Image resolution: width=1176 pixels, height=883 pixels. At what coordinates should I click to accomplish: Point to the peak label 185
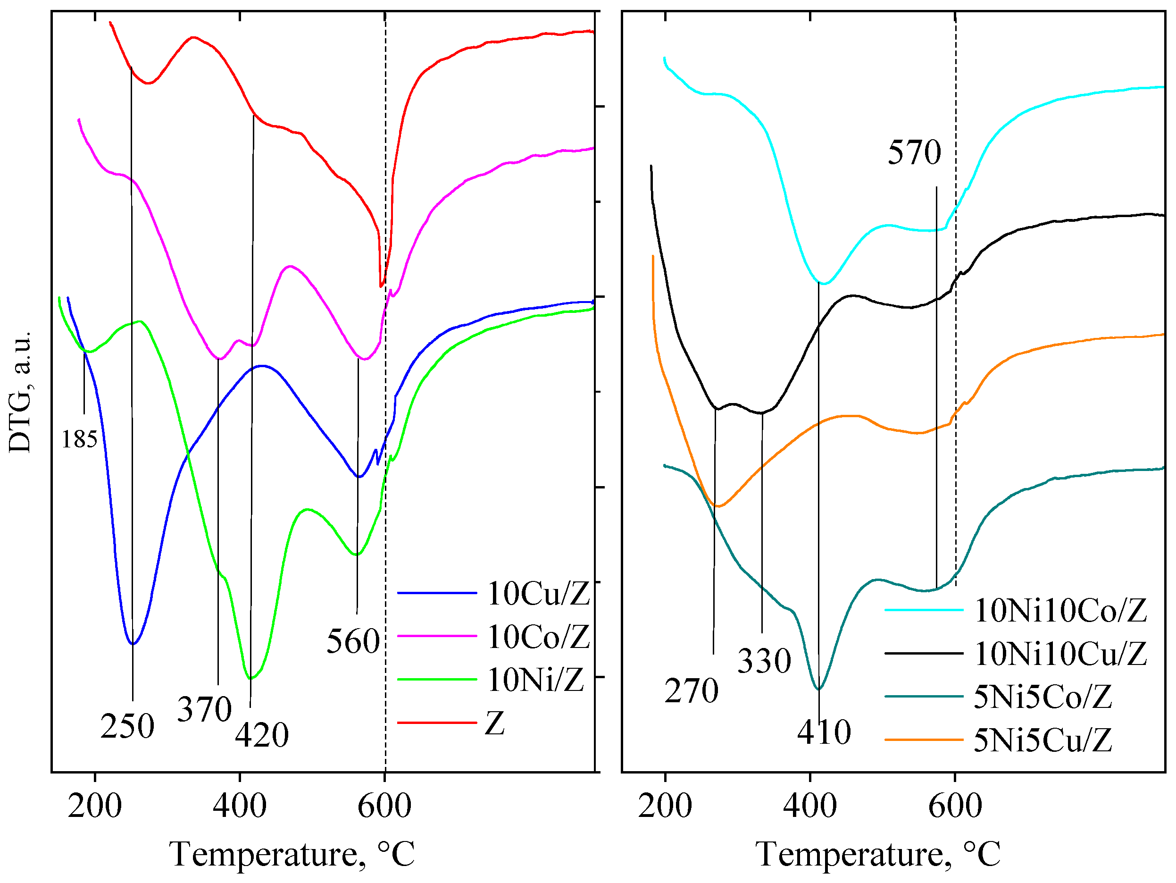(x=79, y=440)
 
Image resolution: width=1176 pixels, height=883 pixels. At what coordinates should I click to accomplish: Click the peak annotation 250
(x=127, y=727)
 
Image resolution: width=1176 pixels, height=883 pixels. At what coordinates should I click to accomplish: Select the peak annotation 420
(x=262, y=736)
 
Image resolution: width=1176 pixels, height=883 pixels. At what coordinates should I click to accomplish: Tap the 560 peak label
(x=353, y=641)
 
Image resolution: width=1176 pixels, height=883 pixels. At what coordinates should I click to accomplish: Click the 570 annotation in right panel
(x=914, y=152)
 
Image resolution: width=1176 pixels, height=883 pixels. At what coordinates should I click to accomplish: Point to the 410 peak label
(x=824, y=732)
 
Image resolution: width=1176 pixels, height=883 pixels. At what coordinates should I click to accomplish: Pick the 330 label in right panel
(x=764, y=661)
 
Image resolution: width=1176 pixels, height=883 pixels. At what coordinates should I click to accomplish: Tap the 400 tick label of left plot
(x=239, y=807)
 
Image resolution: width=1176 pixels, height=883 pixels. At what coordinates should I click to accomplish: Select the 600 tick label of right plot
(x=955, y=807)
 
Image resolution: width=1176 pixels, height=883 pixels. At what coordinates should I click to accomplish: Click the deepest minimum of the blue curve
(x=133, y=644)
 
